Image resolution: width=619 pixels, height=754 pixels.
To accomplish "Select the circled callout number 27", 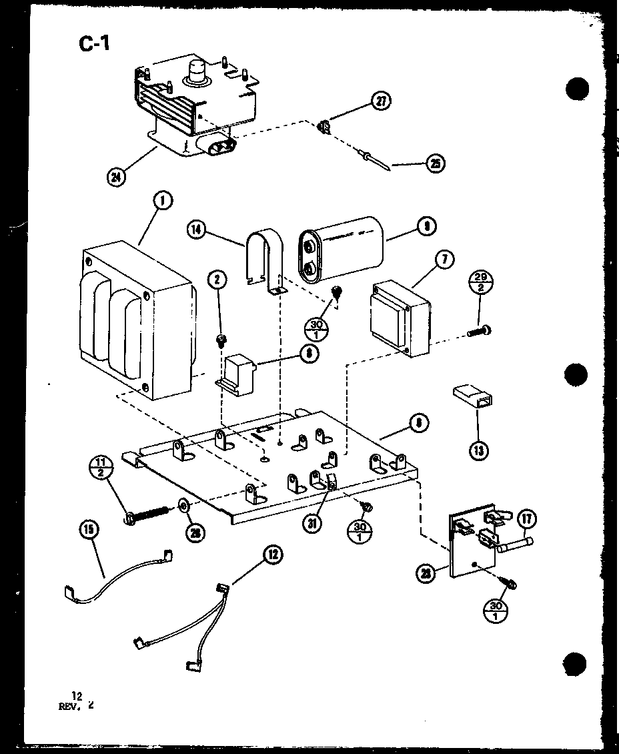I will pyautogui.click(x=380, y=102).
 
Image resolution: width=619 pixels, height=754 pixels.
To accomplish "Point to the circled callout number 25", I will pyautogui.click(x=435, y=163).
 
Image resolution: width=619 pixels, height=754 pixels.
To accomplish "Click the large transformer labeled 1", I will pyautogui.click(x=137, y=324).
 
